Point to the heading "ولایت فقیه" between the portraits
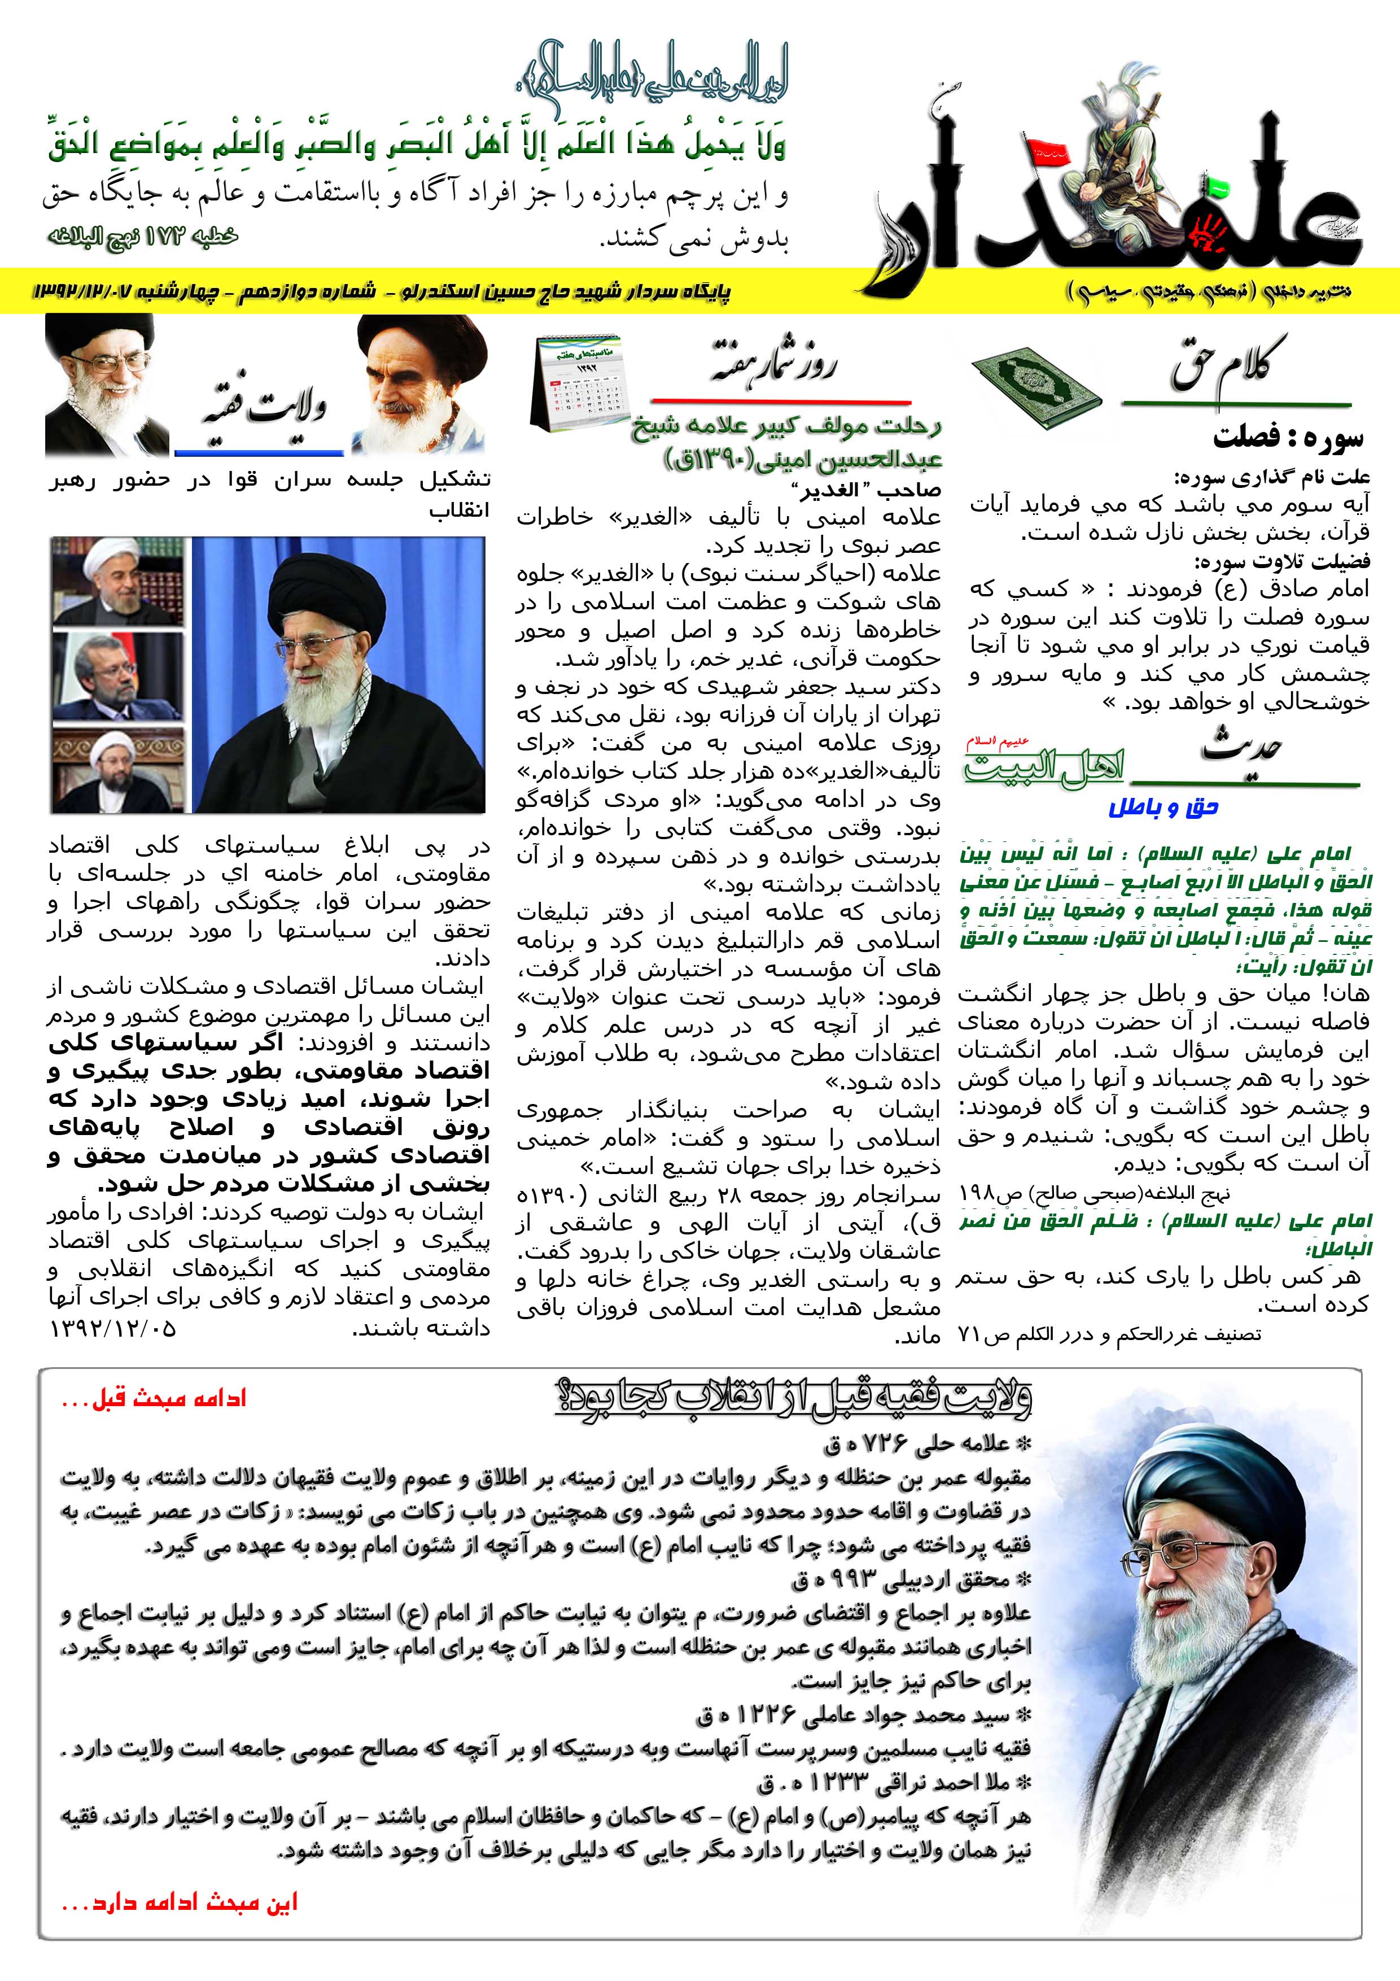[x=263, y=405]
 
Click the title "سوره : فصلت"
[x=1287, y=438]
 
